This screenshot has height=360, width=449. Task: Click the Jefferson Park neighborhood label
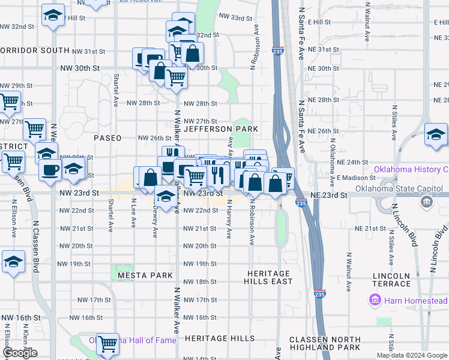pyautogui.click(x=221, y=129)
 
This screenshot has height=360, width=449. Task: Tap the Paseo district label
pyautogui.click(x=107, y=138)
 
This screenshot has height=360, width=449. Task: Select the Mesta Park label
pyautogui.click(x=145, y=275)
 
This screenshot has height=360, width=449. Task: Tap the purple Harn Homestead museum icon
pyautogui.click(x=375, y=299)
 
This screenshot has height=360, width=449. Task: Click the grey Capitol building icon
pyautogui.click(x=426, y=203)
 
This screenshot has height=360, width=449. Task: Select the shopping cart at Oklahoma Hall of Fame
pyautogui.click(x=108, y=344)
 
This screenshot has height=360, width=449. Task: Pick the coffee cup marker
pyautogui.click(x=50, y=169)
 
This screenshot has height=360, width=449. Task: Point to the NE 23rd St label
pyautogui.click(x=329, y=196)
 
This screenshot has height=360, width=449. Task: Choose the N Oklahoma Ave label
pyautogui.click(x=332, y=158)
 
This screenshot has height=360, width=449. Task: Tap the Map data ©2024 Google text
pyautogui.click(x=412, y=355)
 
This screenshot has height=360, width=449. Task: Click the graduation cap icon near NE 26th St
pyautogui.click(x=436, y=134)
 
